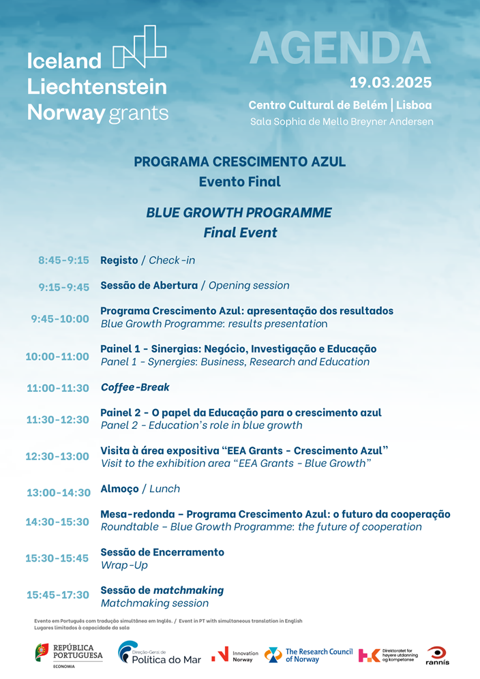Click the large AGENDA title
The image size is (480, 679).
[x=340, y=48]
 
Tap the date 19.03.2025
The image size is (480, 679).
[x=390, y=82]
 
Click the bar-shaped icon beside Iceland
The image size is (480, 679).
[x=139, y=47]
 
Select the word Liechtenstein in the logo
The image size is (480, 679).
[x=97, y=87]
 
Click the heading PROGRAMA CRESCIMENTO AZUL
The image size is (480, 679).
[x=239, y=162]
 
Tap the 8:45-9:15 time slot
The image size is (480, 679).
[x=63, y=260]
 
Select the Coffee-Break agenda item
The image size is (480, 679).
[x=135, y=387]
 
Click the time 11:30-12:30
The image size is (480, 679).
[x=58, y=420]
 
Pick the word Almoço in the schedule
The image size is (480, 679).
[x=119, y=489]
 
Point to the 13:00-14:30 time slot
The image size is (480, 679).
[x=59, y=492]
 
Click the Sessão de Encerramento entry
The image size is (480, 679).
[x=162, y=552]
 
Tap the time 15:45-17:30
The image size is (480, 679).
[x=58, y=595]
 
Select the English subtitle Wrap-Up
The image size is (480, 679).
[x=124, y=565]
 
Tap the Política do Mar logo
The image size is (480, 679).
[x=160, y=654]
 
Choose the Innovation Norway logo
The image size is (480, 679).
[x=235, y=655]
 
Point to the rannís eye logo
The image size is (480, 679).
[x=437, y=654]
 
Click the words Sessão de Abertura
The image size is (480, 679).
[x=149, y=286]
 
